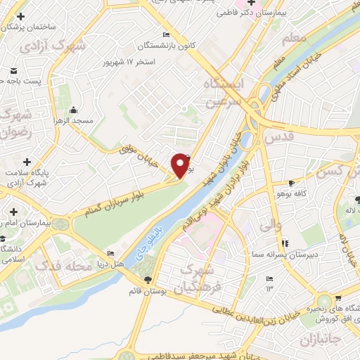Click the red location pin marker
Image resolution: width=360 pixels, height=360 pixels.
[181, 165]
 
